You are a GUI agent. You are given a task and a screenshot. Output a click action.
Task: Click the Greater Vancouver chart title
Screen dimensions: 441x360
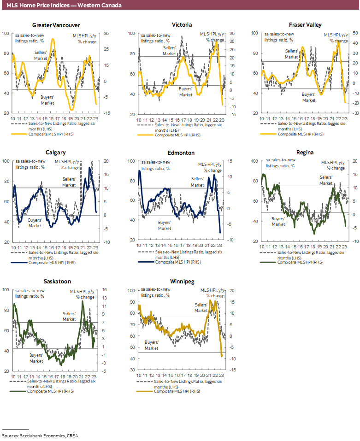tap(56, 25)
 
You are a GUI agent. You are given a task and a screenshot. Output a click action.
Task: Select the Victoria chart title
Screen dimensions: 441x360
tap(182, 25)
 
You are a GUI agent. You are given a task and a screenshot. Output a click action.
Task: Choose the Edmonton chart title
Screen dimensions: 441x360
tap(182, 153)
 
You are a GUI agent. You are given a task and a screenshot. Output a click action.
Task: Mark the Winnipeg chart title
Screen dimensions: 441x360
tap(182, 281)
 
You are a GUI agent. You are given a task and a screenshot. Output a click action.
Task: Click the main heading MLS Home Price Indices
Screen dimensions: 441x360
tap(65, 6)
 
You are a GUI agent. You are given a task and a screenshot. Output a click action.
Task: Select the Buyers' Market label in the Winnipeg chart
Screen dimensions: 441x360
tap(152, 346)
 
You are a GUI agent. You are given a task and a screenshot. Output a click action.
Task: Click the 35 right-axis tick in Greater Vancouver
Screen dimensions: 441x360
tap(106, 34)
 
